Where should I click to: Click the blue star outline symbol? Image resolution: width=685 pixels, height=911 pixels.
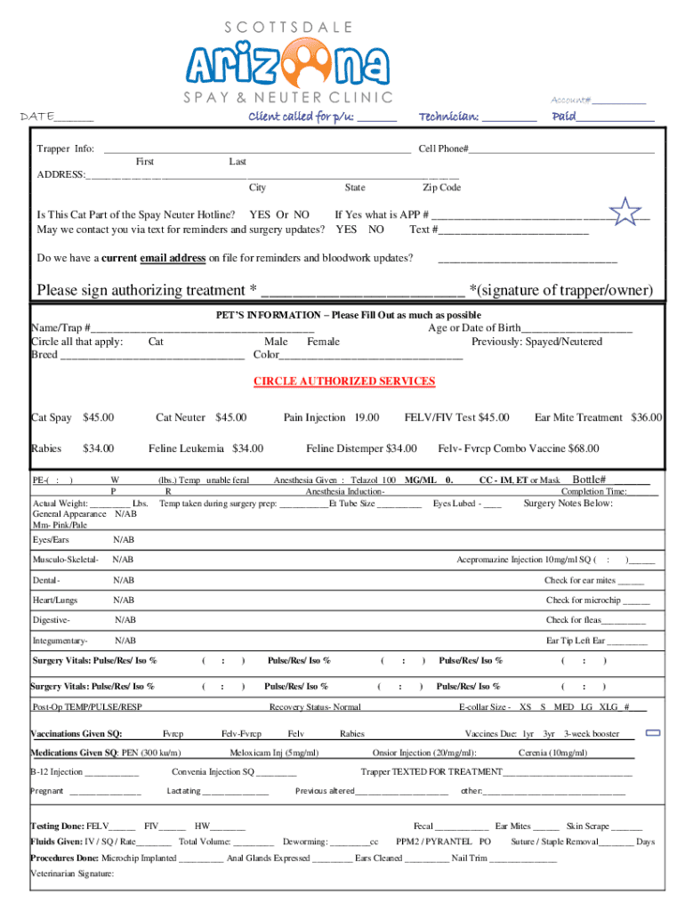[627, 212]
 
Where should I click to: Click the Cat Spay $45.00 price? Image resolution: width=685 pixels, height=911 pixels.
[99, 417]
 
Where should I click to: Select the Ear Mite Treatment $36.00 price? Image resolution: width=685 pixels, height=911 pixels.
[647, 417]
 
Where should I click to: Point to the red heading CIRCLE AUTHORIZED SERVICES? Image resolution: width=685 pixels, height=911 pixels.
[344, 381]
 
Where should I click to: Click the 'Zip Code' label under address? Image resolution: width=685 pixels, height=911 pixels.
[441, 188]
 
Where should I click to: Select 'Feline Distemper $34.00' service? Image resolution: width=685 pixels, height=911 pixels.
[361, 448]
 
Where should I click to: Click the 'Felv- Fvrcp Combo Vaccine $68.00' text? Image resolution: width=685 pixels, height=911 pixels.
[519, 448]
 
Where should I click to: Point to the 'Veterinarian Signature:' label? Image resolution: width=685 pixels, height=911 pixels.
[72, 874]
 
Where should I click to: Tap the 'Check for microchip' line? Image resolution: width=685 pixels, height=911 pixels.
[597, 601]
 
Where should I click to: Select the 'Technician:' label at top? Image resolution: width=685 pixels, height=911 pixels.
[448, 117]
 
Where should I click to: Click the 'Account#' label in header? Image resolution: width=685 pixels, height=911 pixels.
[571, 101]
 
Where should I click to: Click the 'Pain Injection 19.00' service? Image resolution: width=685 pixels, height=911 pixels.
[331, 417]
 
